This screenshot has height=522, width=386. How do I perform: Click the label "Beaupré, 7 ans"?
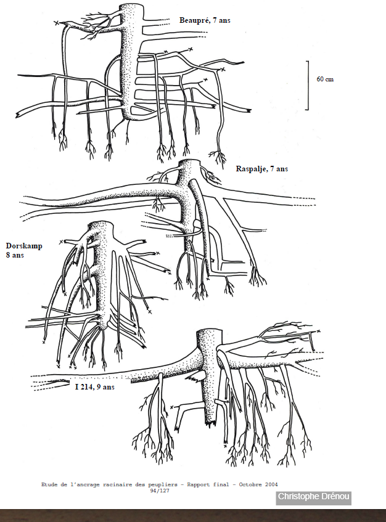(205, 20)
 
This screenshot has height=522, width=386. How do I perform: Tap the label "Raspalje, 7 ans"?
(262, 169)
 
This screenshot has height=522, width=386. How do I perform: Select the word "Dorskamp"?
(24, 246)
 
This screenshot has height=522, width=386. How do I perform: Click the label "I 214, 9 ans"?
(95, 387)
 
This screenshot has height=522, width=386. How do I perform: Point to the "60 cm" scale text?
(325, 80)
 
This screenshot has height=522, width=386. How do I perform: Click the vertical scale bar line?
(308, 85)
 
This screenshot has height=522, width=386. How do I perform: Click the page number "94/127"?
(160, 491)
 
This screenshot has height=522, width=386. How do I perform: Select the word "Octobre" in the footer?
(250, 484)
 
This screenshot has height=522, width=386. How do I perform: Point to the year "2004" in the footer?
(271, 484)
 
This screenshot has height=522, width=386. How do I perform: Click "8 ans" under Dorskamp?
(15, 255)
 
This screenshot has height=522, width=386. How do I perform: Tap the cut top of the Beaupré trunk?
(131, 6)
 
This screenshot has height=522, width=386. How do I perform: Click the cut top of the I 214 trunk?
(209, 331)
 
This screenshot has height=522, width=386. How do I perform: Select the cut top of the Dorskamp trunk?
(101, 223)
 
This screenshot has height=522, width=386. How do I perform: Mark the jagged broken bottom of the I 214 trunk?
(210, 423)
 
